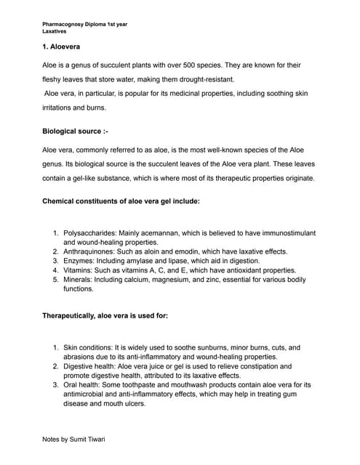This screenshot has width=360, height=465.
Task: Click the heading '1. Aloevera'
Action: click(x=60, y=46)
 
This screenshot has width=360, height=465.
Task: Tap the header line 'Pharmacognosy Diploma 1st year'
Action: click(x=84, y=24)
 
